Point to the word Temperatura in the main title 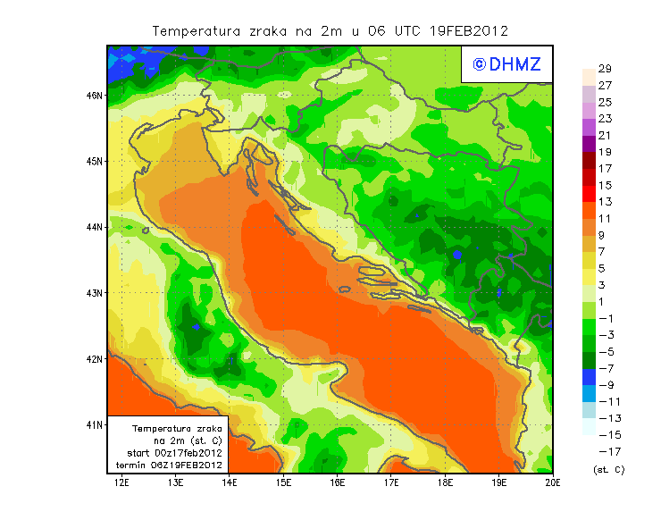click(197, 30)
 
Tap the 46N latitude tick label click(95, 95)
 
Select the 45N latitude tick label click(95, 161)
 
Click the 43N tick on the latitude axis click(95, 292)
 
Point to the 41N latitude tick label click(95, 424)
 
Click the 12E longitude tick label click(122, 482)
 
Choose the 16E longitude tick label click(338, 482)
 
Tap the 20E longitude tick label click(553, 482)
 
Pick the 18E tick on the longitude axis click(446, 482)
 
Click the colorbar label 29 click(605, 69)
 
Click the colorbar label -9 click(605, 384)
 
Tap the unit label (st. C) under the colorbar click(608, 469)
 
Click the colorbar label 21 click(605, 136)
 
